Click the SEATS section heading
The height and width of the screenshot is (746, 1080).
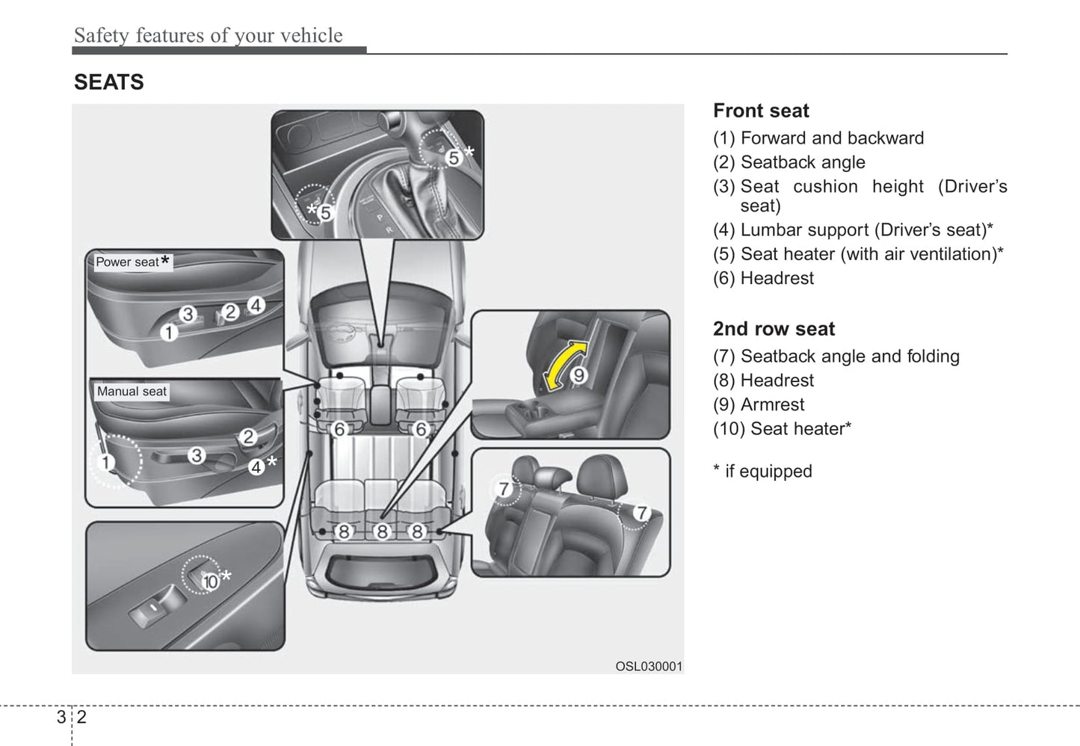pyautogui.click(x=108, y=82)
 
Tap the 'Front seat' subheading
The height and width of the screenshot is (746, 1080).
pyautogui.click(x=760, y=111)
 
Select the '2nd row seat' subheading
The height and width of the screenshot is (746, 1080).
pyautogui.click(x=774, y=329)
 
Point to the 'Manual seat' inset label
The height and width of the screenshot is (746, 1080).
pyautogui.click(x=132, y=391)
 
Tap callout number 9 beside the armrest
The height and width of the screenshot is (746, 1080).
pyautogui.click(x=578, y=375)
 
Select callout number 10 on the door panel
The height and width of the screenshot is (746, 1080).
pyautogui.click(x=210, y=581)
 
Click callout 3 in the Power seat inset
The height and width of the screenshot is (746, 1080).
pyautogui.click(x=188, y=314)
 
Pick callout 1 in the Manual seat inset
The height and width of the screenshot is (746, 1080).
pyautogui.click(x=106, y=462)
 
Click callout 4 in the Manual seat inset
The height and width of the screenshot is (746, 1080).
pyautogui.click(x=256, y=466)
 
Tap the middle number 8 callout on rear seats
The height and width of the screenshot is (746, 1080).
pyautogui.click(x=382, y=531)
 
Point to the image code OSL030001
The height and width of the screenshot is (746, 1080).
pyautogui.click(x=649, y=666)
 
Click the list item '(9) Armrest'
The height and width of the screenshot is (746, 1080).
pyautogui.click(x=758, y=404)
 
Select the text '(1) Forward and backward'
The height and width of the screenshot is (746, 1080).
pyautogui.click(x=818, y=138)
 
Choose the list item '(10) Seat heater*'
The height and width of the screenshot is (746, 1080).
pyautogui.click(x=782, y=428)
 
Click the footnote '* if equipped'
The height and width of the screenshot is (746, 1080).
pyautogui.click(x=762, y=471)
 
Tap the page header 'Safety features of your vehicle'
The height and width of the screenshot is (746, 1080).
pyautogui.click(x=208, y=35)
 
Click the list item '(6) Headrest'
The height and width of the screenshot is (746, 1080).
pyautogui.click(x=763, y=278)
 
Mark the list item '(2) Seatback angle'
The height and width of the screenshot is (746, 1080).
pyautogui.click(x=789, y=162)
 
